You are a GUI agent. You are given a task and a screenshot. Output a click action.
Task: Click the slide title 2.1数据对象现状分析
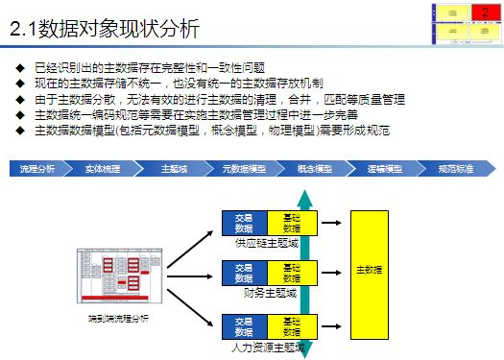(105, 30)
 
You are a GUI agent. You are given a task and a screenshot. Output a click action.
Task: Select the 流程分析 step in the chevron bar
(38, 169)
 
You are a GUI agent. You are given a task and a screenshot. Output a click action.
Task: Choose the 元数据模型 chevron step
(243, 169)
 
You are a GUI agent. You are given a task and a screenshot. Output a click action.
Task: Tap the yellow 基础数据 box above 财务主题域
(291, 273)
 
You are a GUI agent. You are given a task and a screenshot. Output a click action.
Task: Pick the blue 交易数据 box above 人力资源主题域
(244, 326)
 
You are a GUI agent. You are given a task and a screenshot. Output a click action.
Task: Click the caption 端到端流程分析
(113, 317)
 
